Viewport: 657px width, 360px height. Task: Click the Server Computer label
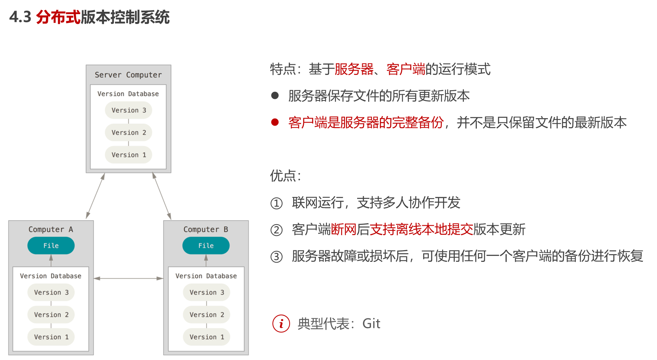pyautogui.click(x=128, y=75)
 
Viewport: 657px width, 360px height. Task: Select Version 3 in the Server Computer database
pyautogui.click(x=128, y=110)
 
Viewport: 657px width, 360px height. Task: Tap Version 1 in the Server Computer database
pyautogui.click(x=128, y=155)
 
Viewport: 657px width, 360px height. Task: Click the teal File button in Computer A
pyautogui.click(x=51, y=246)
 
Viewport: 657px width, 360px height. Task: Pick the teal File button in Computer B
pyautogui.click(x=206, y=246)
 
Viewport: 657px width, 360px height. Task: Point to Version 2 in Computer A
pyautogui.click(x=51, y=314)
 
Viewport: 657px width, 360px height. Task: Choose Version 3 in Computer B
pyautogui.click(x=206, y=292)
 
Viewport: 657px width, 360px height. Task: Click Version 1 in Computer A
pyautogui.click(x=51, y=337)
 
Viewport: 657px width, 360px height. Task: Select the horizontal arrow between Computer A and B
pyautogui.click(x=128, y=278)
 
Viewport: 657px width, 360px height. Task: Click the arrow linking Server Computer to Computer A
pyautogui.click(x=95, y=196)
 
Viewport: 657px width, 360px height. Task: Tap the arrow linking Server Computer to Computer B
pyautogui.click(x=162, y=196)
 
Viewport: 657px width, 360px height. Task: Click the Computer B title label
pyautogui.click(x=206, y=229)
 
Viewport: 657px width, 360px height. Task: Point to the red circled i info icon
pyautogui.click(x=281, y=324)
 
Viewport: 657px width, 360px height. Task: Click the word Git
pyautogui.click(x=371, y=324)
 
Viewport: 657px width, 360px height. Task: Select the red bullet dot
pyautogui.click(x=275, y=122)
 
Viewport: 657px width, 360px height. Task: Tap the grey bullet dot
pyautogui.click(x=275, y=95)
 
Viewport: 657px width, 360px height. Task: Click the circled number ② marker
pyautogui.click(x=276, y=230)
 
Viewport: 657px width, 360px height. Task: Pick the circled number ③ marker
pyautogui.click(x=276, y=257)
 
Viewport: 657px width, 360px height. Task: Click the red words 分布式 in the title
pyautogui.click(x=58, y=17)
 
